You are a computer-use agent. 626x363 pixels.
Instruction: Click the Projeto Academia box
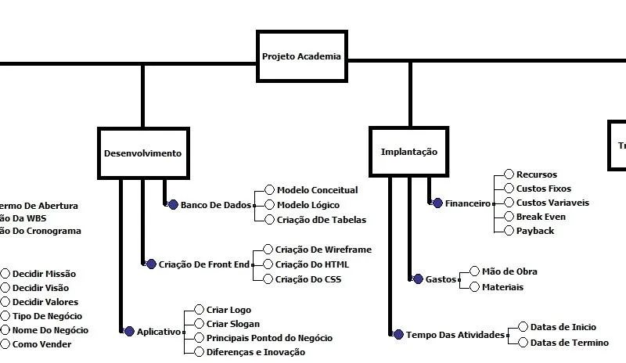click(300, 56)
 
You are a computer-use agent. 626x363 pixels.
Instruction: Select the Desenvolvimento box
click(142, 153)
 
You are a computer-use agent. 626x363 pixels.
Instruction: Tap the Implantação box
click(408, 152)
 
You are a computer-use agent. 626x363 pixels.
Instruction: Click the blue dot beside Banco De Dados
click(174, 204)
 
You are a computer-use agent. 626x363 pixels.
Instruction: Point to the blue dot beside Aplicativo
click(130, 331)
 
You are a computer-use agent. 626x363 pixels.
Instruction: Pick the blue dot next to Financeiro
click(438, 203)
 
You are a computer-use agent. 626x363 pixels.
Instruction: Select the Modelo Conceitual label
click(317, 189)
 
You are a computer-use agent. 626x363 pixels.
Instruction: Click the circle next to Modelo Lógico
click(270, 204)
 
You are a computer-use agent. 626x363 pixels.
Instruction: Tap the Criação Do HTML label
click(312, 264)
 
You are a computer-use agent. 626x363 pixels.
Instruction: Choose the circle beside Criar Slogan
click(199, 324)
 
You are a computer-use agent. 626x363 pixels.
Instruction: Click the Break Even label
click(541, 216)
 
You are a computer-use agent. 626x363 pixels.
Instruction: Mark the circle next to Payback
click(509, 231)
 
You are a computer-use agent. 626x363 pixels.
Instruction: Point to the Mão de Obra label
click(509, 271)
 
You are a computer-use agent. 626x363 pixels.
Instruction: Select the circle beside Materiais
click(474, 287)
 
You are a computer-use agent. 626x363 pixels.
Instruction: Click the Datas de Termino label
click(570, 342)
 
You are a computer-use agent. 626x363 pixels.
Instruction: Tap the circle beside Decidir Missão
click(5, 274)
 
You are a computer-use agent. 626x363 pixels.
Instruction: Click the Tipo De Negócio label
click(47, 316)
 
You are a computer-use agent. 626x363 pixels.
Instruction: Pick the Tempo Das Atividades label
click(455, 335)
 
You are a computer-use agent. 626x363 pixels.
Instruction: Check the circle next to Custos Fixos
click(509, 189)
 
